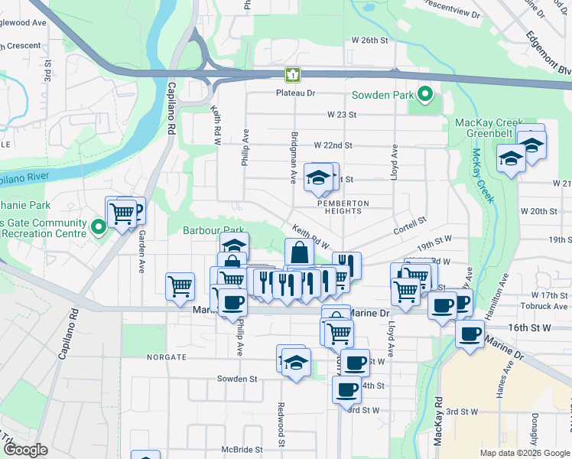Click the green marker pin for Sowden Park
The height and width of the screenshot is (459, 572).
click(426, 96)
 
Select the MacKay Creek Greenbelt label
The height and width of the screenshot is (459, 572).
click(489, 128)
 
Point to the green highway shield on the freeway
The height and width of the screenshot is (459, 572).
click(293, 75)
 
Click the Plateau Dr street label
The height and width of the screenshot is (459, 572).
click(296, 93)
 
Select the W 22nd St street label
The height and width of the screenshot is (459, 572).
click(333, 145)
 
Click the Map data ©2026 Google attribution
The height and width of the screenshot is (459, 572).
click(518, 453)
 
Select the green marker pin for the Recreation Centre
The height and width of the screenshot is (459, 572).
click(98, 227)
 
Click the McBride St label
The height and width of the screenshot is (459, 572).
click(242, 450)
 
